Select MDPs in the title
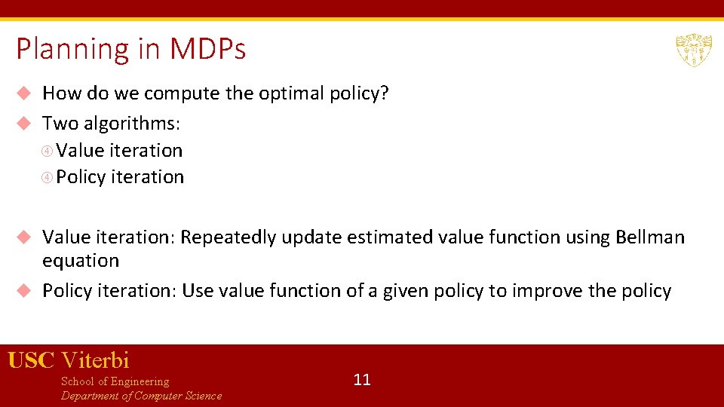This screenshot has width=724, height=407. pos(207,50)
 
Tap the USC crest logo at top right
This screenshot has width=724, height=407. pos(693,50)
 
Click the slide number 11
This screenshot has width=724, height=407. pos(362,379)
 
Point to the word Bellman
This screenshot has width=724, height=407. pos(650,237)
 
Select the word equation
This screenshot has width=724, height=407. pos(81,261)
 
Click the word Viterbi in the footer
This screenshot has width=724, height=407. pos(95,360)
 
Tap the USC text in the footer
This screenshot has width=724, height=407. pos(31,360)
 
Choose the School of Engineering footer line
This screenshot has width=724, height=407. pos(115,381)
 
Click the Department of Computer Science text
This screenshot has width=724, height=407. pos(141,396)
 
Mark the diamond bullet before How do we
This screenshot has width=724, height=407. pos(23,93)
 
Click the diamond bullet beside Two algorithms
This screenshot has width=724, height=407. pos(23,123)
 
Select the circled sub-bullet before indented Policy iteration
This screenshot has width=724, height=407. pos(48,177)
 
